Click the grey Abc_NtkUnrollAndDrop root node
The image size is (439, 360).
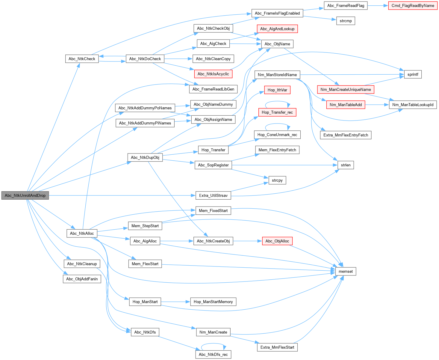25,195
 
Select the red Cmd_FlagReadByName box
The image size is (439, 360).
413,6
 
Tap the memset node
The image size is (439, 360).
346,272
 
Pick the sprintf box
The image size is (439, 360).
413,74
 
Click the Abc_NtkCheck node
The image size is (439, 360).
82,59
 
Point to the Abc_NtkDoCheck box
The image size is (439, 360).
145,59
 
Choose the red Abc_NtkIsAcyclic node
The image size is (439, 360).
213,74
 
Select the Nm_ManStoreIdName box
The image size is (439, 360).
277,75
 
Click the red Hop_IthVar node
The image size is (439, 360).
277,90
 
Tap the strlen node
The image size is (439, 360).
346,165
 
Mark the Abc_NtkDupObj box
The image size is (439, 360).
145,158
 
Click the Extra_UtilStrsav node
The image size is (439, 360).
213,195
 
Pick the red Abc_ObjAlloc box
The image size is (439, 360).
277,241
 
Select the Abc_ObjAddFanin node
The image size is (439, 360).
82,279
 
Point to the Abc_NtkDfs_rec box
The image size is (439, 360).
213,355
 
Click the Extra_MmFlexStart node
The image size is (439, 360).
277,347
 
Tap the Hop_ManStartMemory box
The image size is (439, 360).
213,302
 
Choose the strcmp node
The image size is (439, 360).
346,21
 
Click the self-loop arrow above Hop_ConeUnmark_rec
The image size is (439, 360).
277,124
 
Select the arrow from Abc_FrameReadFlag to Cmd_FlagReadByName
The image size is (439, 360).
378,6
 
